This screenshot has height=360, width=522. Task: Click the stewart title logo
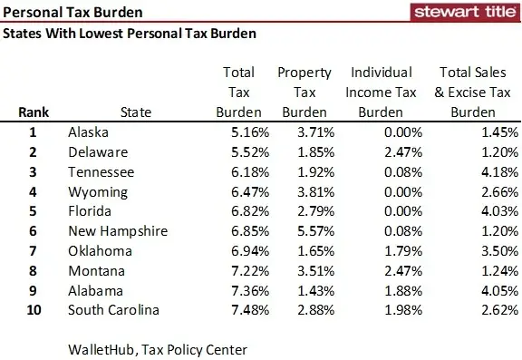464,13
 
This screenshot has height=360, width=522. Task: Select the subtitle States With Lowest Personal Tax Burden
130,34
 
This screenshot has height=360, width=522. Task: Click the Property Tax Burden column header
304,92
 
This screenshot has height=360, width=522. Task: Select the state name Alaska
90,133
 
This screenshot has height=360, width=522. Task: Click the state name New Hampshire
118,231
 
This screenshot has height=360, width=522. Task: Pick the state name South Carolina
113,310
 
